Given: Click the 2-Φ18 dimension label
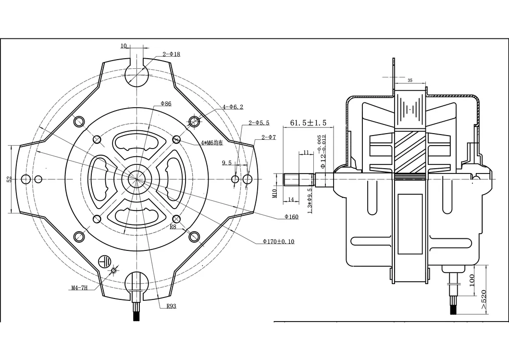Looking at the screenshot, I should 171,54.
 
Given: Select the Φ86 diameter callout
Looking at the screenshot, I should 166,103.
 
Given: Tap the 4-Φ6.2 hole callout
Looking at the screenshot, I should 233,107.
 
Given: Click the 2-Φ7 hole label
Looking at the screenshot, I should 268,137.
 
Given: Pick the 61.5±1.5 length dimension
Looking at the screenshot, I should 308,123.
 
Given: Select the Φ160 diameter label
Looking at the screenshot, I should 291,217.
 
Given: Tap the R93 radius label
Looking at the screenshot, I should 171,306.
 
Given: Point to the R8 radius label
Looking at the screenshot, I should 174,227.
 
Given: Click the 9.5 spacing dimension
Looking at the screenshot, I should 226,163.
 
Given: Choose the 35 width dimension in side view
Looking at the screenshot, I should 410,80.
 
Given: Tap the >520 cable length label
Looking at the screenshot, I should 484,299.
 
